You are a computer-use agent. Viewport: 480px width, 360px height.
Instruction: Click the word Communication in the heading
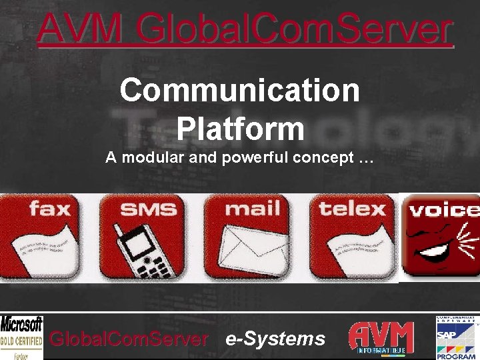[x=240, y=90]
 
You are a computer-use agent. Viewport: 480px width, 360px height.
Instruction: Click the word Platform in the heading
[x=240, y=128]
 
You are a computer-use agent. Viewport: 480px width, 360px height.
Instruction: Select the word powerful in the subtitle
[x=257, y=159]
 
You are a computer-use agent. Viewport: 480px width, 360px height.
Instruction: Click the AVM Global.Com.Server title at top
[x=245, y=29]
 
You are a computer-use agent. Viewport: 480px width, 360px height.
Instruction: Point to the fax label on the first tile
[x=50, y=209]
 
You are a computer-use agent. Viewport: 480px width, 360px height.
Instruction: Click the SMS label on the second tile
[x=148, y=209]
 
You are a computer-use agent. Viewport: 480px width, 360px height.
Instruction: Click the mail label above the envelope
[x=253, y=209]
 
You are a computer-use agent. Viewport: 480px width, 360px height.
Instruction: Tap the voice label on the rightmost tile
[x=443, y=210]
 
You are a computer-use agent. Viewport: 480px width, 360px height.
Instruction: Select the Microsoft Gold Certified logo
[x=21, y=337]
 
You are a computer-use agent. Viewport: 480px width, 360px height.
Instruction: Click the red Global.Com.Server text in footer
[x=129, y=339]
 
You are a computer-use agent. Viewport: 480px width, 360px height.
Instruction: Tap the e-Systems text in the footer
[x=275, y=339]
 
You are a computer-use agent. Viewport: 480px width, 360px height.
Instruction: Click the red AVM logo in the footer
[x=381, y=337]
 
